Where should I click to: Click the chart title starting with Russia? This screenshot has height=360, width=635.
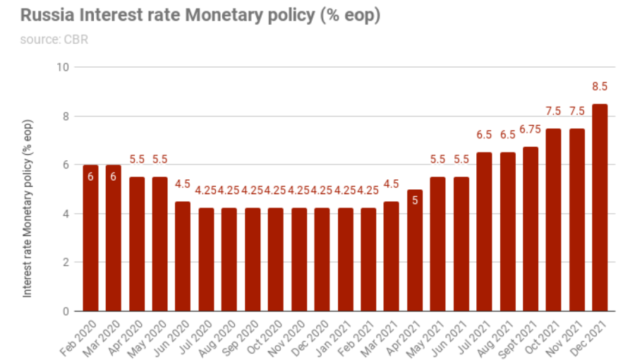pos(200,16)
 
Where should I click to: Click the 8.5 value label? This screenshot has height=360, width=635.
pos(600,87)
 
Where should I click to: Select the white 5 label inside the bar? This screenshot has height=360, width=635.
pos(416,200)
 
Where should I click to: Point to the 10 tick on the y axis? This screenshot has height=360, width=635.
pos(63,67)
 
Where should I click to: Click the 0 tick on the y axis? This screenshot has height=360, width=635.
pos(66,311)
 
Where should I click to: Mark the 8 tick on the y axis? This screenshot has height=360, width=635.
pos(66,116)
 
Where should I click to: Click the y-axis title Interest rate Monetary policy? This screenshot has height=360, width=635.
pos(28,209)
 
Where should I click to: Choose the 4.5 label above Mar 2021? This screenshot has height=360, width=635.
pos(391,184)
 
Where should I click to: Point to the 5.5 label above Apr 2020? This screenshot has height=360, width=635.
pos(137,160)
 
